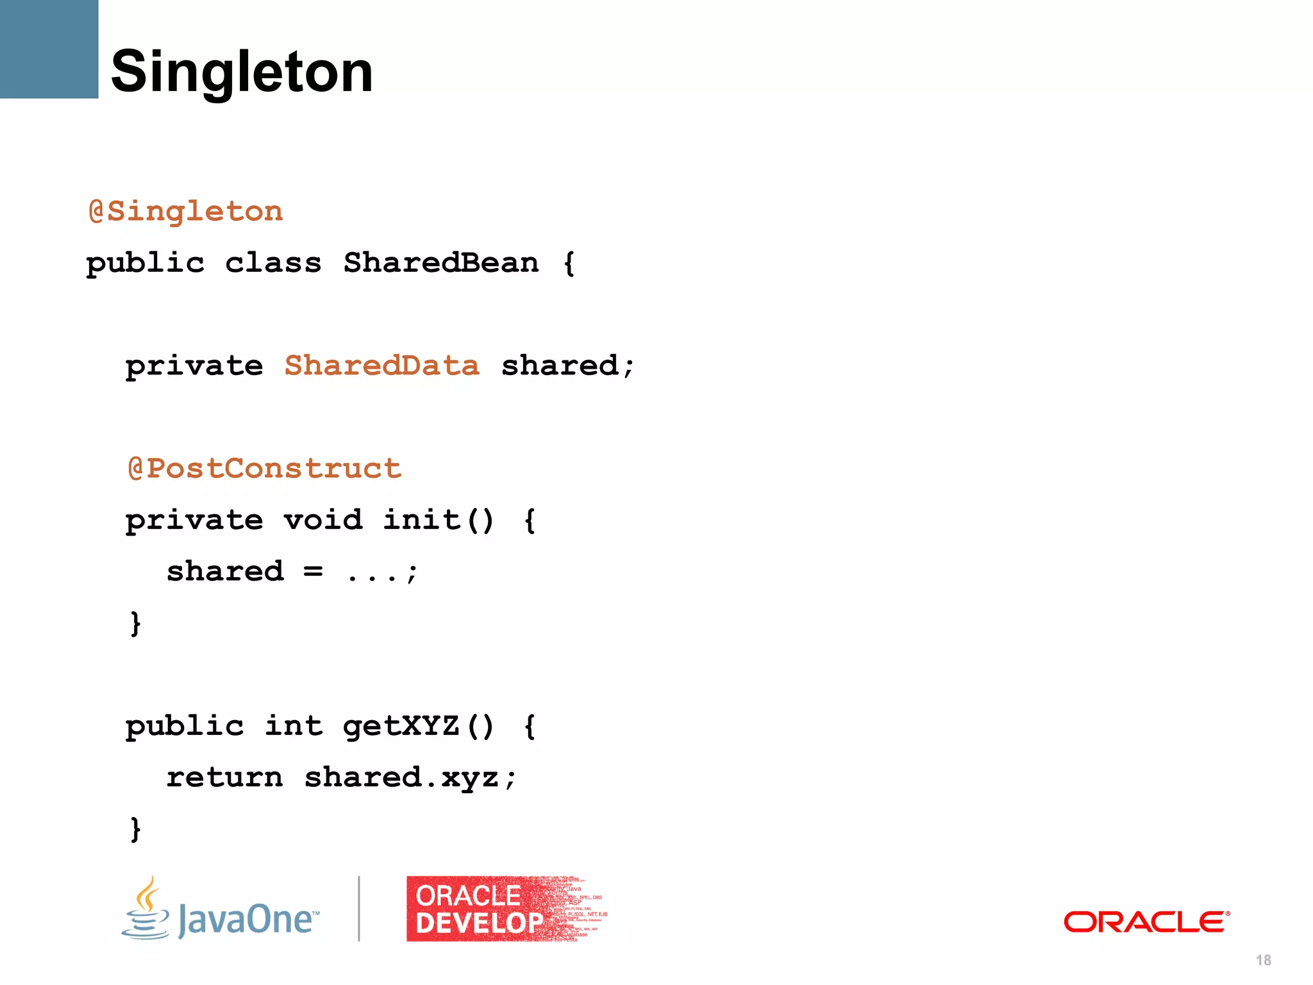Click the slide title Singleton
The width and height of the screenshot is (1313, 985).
[242, 71]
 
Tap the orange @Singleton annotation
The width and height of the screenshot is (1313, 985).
[186, 212]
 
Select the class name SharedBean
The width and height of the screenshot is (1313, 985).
[441, 263]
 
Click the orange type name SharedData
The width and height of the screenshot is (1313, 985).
[382, 366]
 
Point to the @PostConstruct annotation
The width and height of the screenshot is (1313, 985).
[265, 469]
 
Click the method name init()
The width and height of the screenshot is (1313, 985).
[439, 520]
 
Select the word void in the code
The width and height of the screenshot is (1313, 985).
[323, 520]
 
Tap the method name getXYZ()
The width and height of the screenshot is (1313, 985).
[418, 727]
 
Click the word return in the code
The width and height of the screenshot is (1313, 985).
[224, 778]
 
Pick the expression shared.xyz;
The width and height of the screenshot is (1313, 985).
[410, 778]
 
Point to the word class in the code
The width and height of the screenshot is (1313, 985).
[273, 263]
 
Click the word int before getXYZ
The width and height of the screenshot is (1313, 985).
[294, 727]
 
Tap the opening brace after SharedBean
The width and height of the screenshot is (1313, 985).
[569, 264]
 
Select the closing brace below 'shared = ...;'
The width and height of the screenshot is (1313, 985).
[135, 623]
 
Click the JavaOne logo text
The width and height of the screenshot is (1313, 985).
[248, 919]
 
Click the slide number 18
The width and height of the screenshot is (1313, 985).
[1263, 960]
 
